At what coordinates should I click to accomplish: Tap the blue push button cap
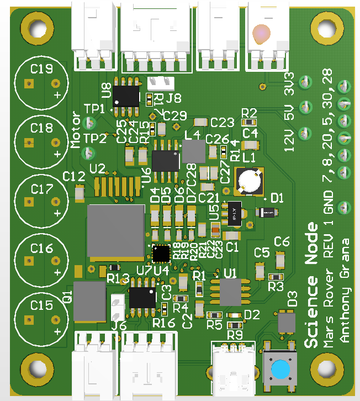tap(281, 369)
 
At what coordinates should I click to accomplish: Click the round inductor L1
tap(250, 181)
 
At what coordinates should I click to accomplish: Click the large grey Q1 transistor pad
tap(89, 301)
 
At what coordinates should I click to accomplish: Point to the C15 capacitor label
tap(42, 305)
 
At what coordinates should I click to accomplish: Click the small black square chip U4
tap(161, 253)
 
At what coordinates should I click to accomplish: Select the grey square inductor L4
tap(193, 151)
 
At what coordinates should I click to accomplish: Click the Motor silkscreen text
tap(76, 132)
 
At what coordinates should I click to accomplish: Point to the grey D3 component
tap(287, 322)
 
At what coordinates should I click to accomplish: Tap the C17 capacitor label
tap(42, 188)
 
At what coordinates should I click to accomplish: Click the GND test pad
tap(343, 208)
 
